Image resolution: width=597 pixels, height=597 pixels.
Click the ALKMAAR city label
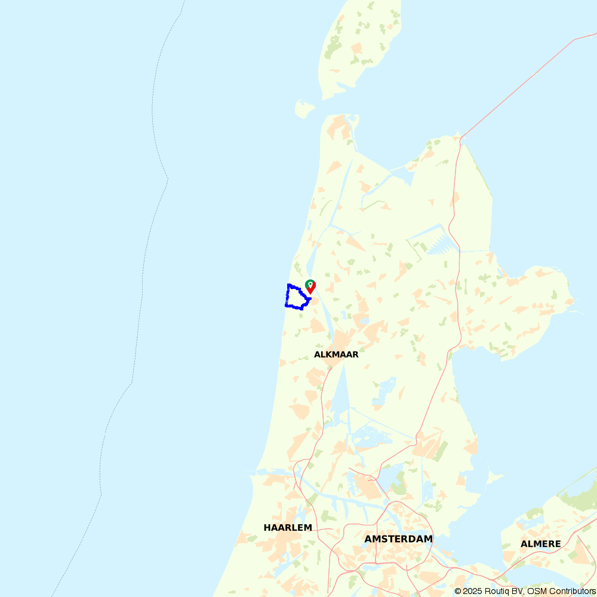(x=336, y=355)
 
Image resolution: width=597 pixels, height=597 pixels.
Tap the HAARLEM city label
(x=288, y=528)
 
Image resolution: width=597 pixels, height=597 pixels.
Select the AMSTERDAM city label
(x=398, y=539)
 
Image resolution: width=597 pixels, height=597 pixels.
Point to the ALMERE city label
(x=540, y=544)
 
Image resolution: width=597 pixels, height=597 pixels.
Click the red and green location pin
(x=310, y=287)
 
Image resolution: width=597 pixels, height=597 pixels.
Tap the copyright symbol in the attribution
(x=457, y=591)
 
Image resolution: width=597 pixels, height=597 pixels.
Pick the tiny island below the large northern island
(x=304, y=109)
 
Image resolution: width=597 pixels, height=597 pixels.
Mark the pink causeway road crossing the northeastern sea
(x=519, y=84)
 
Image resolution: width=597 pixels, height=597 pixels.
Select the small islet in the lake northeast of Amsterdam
(x=493, y=476)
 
